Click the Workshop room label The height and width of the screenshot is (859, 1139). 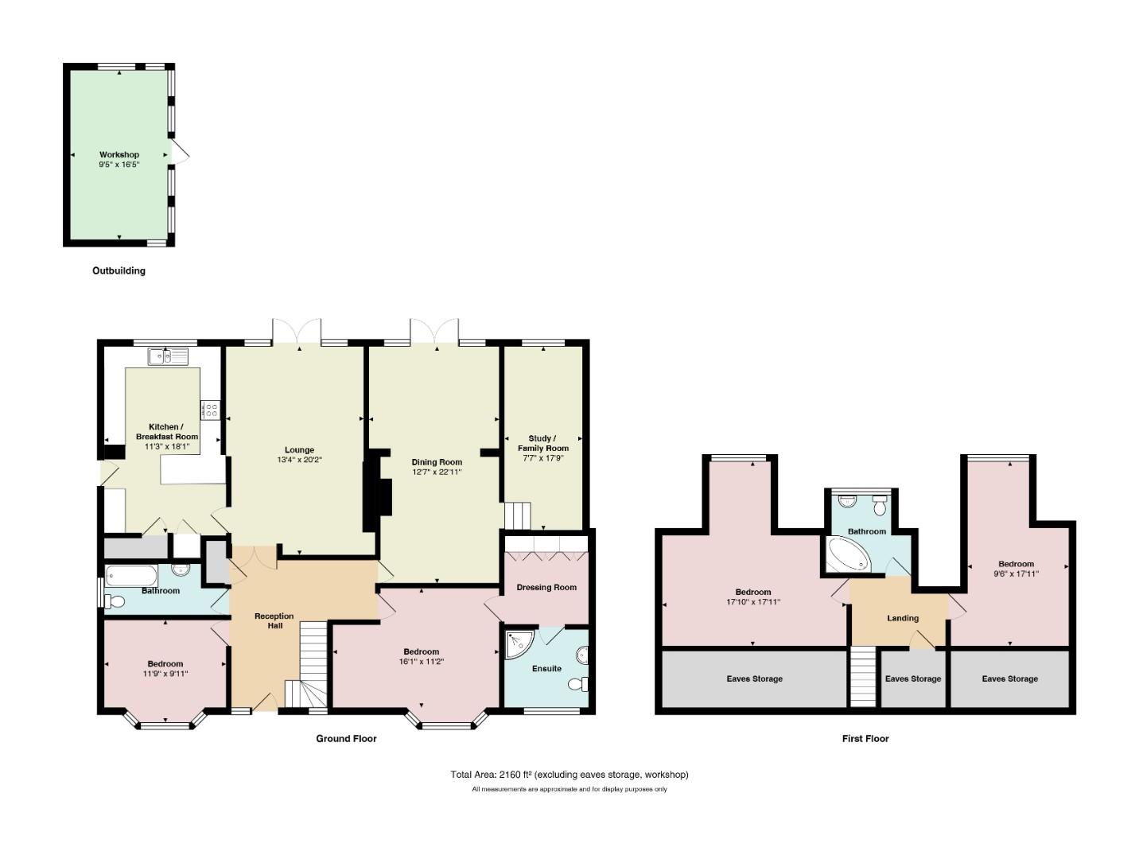click(x=119, y=154)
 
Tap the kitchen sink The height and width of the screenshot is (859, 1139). click(x=168, y=356)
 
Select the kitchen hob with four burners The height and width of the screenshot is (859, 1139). click(x=210, y=410)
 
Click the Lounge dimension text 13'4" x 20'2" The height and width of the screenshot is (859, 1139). click(x=299, y=460)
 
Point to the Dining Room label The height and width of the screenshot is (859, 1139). click(x=437, y=462)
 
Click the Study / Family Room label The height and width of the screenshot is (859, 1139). click(x=542, y=443)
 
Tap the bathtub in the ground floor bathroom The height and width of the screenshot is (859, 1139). click(x=131, y=576)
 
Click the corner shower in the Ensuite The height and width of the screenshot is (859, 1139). click(x=519, y=644)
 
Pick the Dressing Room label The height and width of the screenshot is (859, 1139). click(x=546, y=587)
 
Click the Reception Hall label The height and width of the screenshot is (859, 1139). click(x=274, y=621)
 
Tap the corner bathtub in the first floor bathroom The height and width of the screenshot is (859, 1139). click(x=846, y=555)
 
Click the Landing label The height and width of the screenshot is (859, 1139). click(x=903, y=618)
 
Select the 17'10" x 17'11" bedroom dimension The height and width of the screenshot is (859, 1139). click(x=753, y=602)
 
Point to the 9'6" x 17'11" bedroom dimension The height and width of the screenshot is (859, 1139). click(x=1016, y=573)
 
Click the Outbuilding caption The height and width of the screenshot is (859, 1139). click(x=119, y=270)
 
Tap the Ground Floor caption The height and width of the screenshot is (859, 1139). click(x=346, y=739)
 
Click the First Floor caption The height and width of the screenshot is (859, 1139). click(x=865, y=739)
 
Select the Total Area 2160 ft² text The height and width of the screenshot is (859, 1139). click(x=492, y=775)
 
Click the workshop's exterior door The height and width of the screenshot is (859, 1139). click(x=179, y=151)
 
